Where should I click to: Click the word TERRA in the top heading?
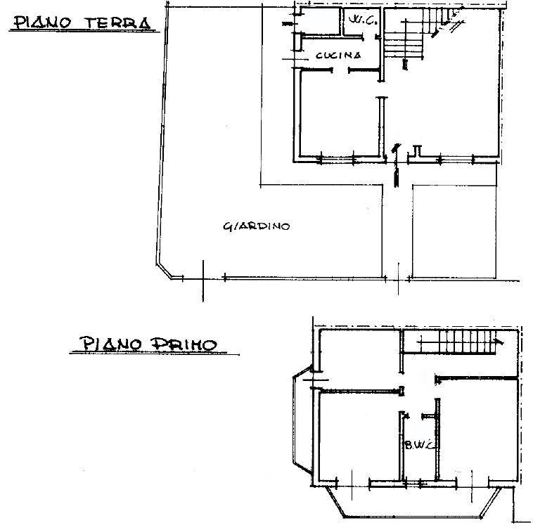117,23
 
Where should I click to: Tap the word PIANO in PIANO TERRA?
41,22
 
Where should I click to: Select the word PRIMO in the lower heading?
184,344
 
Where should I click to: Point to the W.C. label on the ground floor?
363,20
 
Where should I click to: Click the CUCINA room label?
338,56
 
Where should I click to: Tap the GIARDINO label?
257,226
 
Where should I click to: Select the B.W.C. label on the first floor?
420,444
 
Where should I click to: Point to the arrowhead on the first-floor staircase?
500,342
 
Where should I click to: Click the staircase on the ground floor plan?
421,34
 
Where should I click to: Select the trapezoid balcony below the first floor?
413,502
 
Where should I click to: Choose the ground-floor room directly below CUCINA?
340,114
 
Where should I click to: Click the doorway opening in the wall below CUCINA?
340,70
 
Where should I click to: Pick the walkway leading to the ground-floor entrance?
397,231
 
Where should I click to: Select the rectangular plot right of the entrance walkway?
454,232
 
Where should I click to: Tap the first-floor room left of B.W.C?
359,437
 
